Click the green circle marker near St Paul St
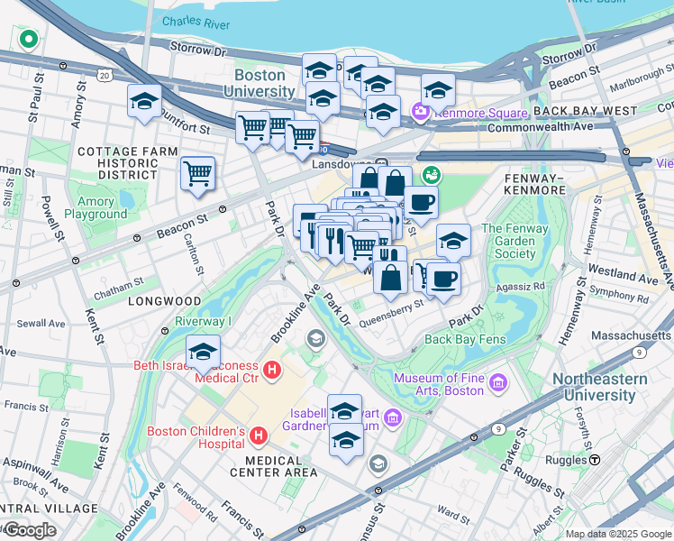[28, 40]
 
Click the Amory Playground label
[96, 208]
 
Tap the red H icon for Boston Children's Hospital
[258, 436]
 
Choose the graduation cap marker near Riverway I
[204, 352]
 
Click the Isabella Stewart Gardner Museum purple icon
[392, 417]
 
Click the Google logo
[29, 530]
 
